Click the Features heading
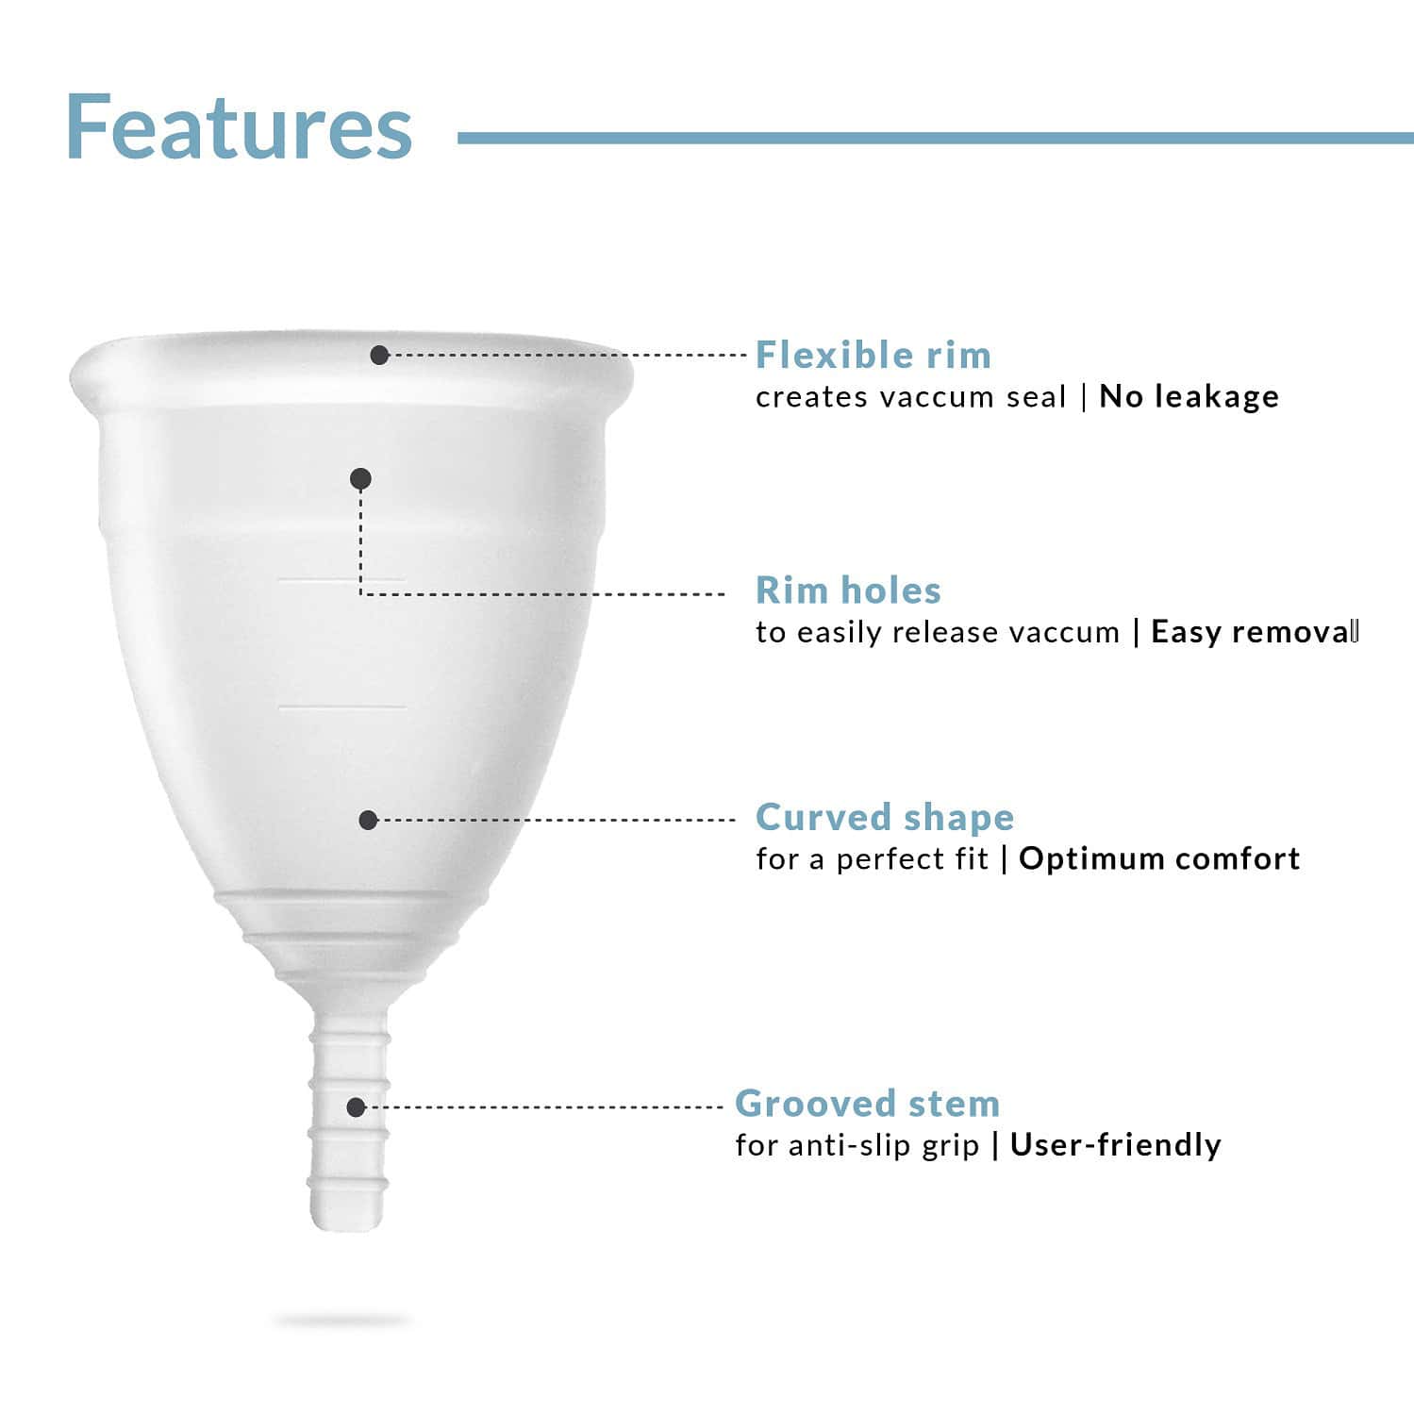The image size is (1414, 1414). click(x=239, y=127)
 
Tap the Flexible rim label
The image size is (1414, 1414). click(x=873, y=356)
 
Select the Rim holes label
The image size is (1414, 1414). click(x=848, y=591)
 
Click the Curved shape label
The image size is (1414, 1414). click(x=885, y=817)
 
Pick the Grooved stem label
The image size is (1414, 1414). click(x=867, y=1103)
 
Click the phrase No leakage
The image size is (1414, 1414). click(x=1189, y=396)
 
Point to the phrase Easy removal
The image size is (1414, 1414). click(x=1254, y=632)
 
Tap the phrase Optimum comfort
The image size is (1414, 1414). click(x=1159, y=858)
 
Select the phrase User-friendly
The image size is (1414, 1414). click(x=1115, y=1145)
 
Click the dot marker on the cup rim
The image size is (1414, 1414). click(x=379, y=356)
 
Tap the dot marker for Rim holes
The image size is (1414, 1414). click(x=360, y=479)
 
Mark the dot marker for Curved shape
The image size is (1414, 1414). click(x=369, y=820)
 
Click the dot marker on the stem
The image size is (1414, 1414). click(x=356, y=1106)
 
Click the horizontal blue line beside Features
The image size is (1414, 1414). click(x=934, y=138)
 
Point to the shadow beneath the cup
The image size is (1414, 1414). click(x=341, y=1321)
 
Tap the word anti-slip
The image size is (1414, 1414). click(x=839, y=1145)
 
